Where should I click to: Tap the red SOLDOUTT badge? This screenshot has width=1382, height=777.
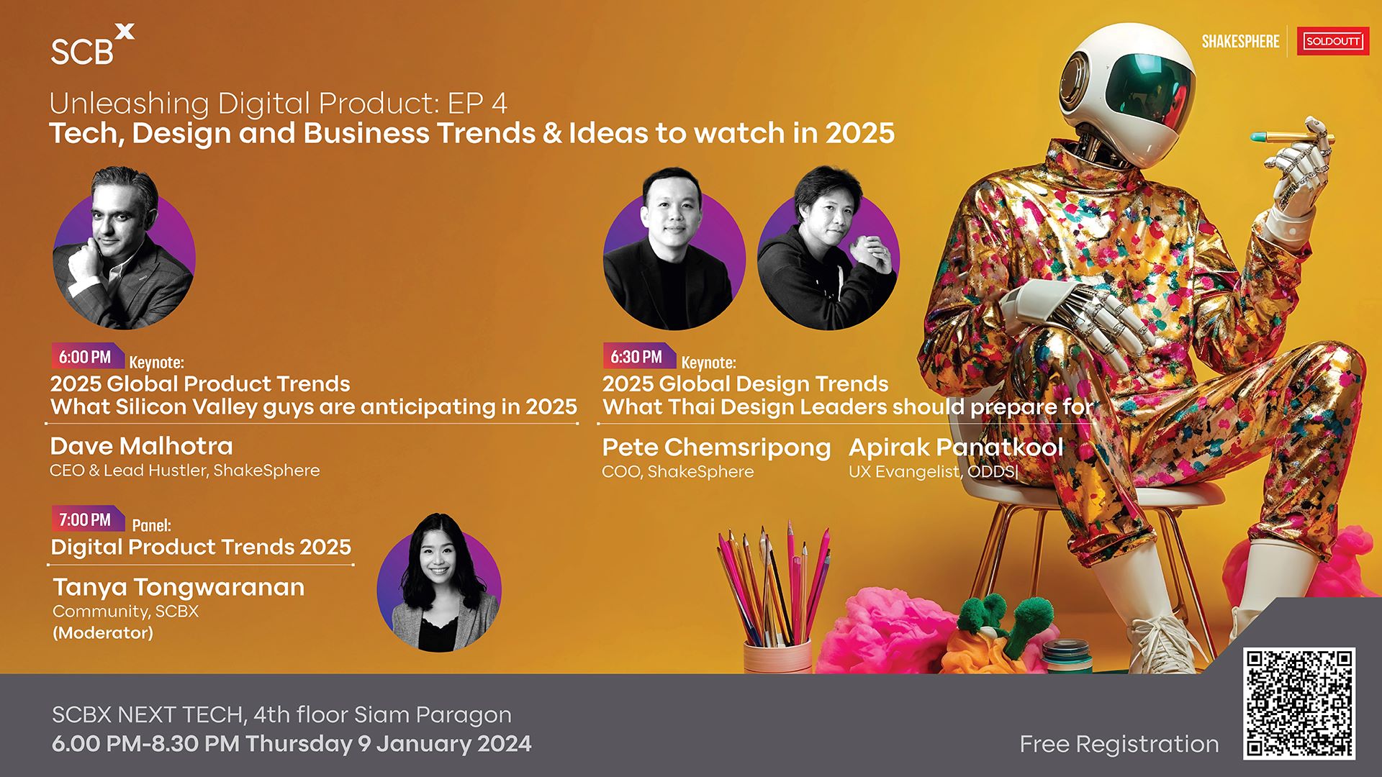[1332, 41]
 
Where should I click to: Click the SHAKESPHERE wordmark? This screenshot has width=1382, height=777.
[1240, 42]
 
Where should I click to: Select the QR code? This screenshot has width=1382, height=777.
[1299, 704]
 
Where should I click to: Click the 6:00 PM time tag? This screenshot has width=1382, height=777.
[86, 357]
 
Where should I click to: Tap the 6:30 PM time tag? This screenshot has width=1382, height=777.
[638, 357]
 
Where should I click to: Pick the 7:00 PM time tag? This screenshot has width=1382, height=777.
[86, 519]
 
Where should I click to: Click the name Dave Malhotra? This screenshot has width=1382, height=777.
[142, 446]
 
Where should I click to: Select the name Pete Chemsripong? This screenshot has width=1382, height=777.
[716, 448]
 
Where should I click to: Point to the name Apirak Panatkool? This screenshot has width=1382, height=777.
[956, 447]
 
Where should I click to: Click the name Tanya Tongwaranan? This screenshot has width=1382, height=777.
[179, 588]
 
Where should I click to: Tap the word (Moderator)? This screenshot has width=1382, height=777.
[103, 633]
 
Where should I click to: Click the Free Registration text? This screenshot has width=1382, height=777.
[1119, 745]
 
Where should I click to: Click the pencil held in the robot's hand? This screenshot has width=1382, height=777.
[1292, 136]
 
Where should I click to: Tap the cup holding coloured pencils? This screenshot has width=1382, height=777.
[777, 655]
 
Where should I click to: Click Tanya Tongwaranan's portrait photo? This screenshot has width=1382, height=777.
[439, 583]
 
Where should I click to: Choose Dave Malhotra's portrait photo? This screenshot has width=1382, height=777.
[124, 248]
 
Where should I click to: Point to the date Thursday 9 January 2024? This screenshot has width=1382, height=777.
[389, 744]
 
